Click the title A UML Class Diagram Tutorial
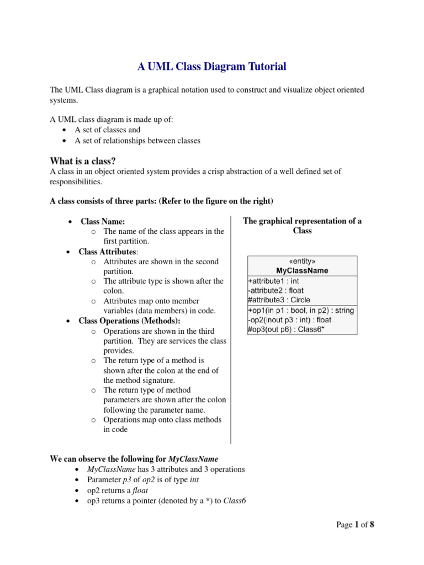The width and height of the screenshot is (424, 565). pyautogui.click(x=212, y=67)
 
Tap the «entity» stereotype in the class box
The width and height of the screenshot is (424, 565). pyautogui.click(x=302, y=262)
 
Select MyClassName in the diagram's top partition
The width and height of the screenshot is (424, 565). pyautogui.click(x=302, y=271)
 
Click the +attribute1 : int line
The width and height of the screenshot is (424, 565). pyautogui.click(x=274, y=281)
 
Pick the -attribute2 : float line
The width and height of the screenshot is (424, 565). pyautogui.click(x=276, y=290)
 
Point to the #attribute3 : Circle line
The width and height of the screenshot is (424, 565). pyautogui.click(x=280, y=300)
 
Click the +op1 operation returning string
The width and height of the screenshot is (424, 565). pyautogui.click(x=301, y=311)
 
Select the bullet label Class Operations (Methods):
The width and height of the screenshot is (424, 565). pyautogui.click(x=130, y=321)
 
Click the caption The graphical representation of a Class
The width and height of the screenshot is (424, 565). pyautogui.click(x=302, y=226)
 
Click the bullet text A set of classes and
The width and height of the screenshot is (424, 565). pyautogui.click(x=107, y=130)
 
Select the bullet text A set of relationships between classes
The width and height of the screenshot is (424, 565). pyautogui.click(x=137, y=141)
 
